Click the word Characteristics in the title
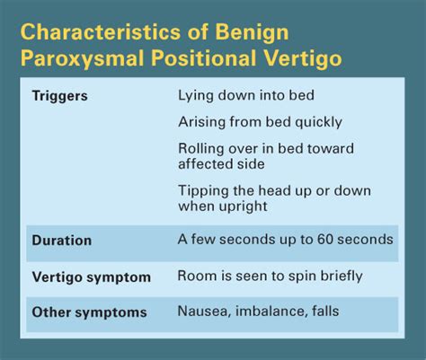click(101, 31)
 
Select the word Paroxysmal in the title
click(83, 59)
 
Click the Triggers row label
click(60, 97)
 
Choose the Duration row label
click(62, 241)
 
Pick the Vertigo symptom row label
click(92, 277)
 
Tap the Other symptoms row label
click(89, 312)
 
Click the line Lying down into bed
click(246, 96)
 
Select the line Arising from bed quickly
click(260, 122)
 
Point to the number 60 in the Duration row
click(325, 240)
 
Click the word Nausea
click(205, 312)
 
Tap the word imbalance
click(271, 312)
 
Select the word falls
click(325, 311)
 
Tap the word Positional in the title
click(204, 59)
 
